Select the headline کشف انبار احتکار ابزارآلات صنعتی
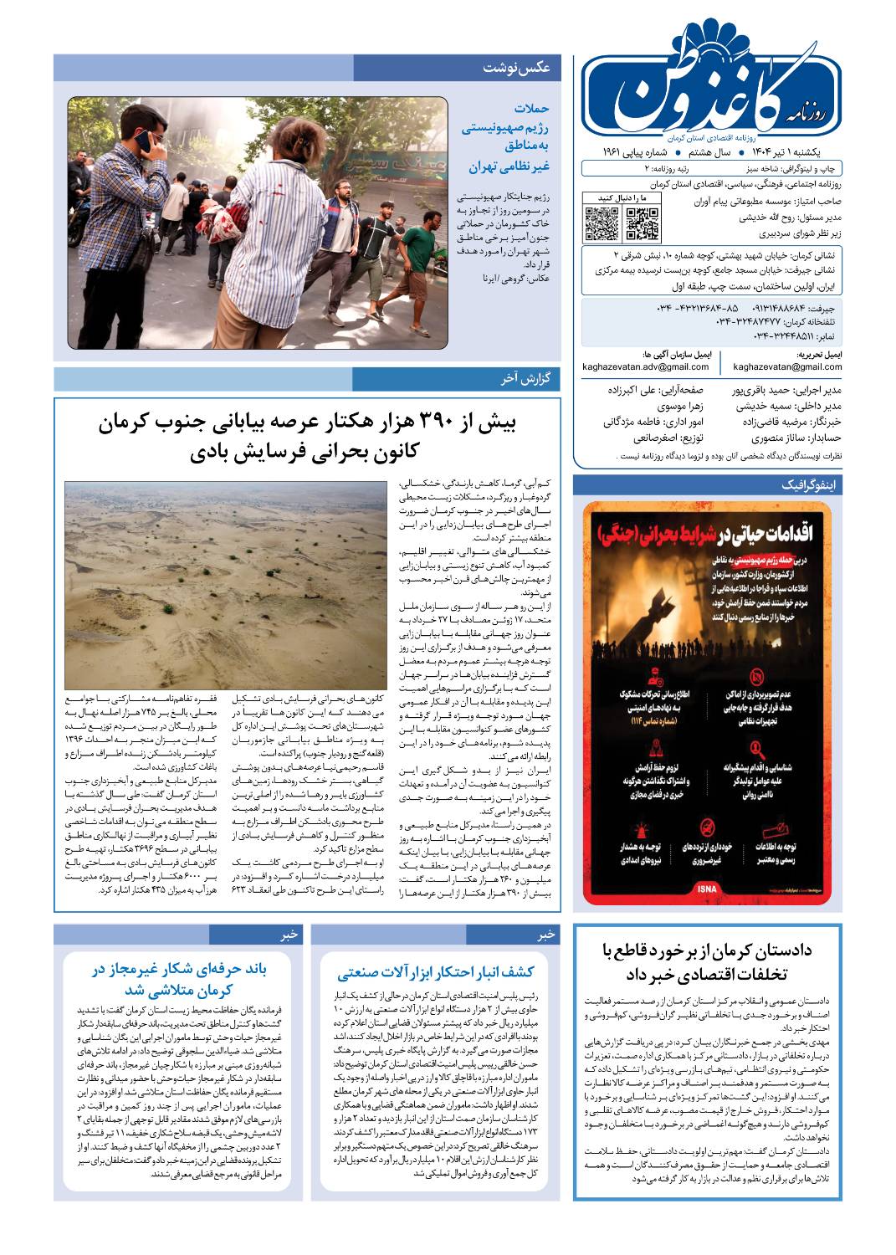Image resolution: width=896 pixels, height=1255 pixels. (436, 972)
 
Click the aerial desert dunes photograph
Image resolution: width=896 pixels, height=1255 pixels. (226, 584)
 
